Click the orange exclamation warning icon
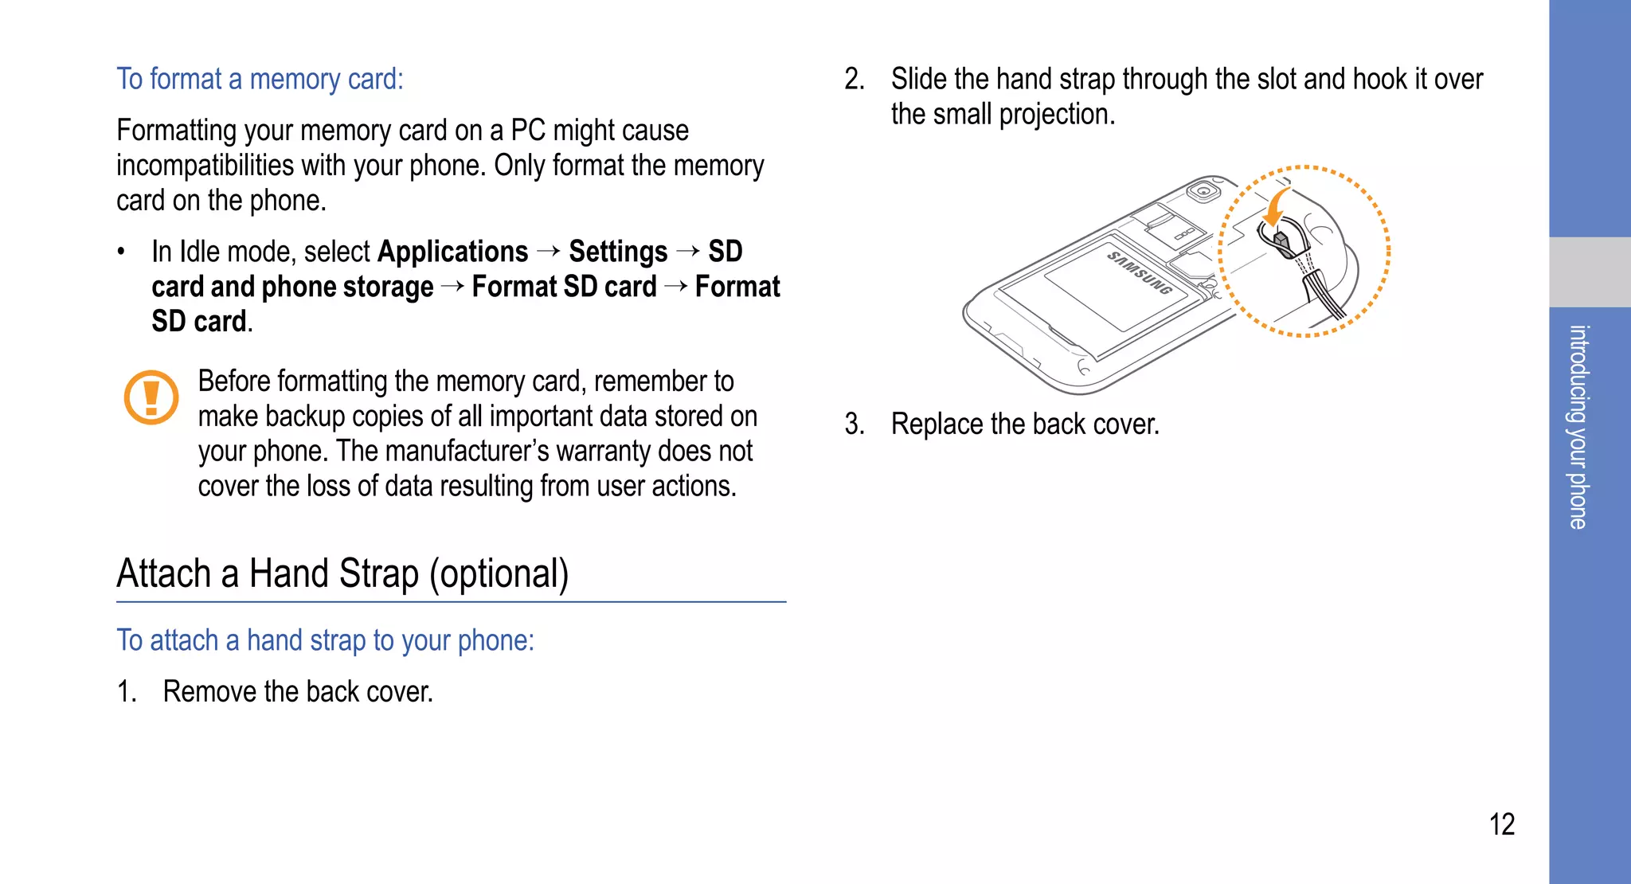(151, 397)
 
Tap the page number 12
(1501, 824)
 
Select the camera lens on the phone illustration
(1203, 192)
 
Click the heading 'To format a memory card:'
(260, 80)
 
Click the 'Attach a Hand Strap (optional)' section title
(342, 573)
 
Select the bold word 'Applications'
(452, 252)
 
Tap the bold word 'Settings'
(618, 252)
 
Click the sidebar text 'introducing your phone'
(1578, 427)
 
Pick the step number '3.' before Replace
(854, 424)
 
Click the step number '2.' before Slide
(854, 80)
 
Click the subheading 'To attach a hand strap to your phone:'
(325, 640)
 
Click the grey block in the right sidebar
(1590, 272)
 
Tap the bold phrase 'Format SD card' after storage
(564, 287)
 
